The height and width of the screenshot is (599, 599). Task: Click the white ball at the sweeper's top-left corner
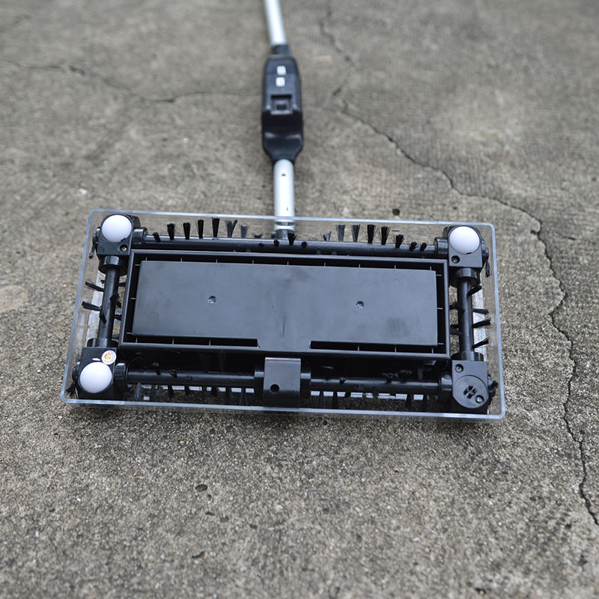(x=116, y=228)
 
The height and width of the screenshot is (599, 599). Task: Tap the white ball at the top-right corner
(x=463, y=240)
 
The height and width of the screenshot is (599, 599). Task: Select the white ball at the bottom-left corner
(x=95, y=377)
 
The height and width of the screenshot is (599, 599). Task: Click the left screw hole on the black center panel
(x=212, y=299)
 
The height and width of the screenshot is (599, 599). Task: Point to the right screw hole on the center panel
(x=359, y=305)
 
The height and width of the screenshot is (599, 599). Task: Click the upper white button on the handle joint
(x=280, y=70)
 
